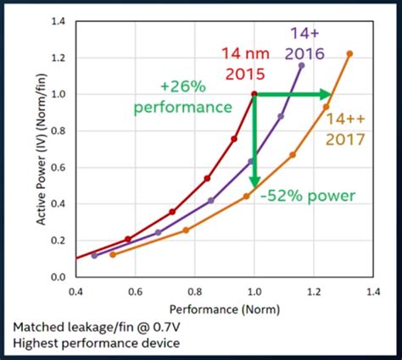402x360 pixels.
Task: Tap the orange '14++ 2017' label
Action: (345, 130)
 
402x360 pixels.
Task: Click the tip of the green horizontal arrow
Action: (332, 94)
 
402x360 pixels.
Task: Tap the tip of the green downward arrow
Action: (254, 188)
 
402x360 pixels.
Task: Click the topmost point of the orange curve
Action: (349, 54)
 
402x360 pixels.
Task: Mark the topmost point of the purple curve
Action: (301, 65)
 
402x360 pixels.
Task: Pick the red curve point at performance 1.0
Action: (254, 94)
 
